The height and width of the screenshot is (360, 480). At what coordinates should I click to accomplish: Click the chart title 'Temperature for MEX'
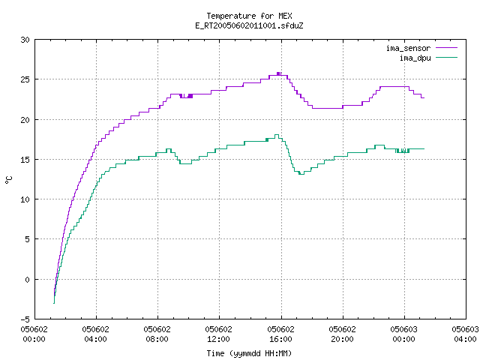249,16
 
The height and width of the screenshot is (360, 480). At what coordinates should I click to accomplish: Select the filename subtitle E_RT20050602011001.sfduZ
249,25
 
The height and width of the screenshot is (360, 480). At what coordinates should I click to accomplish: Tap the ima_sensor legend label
408,48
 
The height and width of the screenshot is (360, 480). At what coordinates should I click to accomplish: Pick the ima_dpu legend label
415,58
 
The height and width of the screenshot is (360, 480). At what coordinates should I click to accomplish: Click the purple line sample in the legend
447,48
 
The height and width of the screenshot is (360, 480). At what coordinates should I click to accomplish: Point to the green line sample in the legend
447,58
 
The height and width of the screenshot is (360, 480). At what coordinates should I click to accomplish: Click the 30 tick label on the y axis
25,40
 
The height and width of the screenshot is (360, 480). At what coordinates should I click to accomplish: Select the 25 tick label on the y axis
25,79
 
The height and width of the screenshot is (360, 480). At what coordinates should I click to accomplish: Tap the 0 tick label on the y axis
27,280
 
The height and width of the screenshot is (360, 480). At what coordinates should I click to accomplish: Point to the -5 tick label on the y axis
25,319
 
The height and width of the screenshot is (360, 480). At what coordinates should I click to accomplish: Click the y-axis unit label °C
8,179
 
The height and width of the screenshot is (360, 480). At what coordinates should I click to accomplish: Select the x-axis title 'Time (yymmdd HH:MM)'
249,353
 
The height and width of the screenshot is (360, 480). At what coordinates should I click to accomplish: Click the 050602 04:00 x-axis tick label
96,334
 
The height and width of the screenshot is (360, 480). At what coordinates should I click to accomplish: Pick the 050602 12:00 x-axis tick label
219,334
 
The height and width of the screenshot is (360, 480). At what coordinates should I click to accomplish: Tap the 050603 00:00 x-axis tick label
403,334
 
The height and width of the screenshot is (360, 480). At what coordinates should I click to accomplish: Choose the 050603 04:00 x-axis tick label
465,334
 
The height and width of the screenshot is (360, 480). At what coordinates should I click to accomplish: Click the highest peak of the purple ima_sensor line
278,73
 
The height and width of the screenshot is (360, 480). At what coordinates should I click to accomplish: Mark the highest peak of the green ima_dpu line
277,135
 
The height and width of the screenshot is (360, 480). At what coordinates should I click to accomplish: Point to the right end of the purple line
424,97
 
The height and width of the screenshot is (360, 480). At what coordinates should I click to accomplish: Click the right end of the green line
424,148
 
